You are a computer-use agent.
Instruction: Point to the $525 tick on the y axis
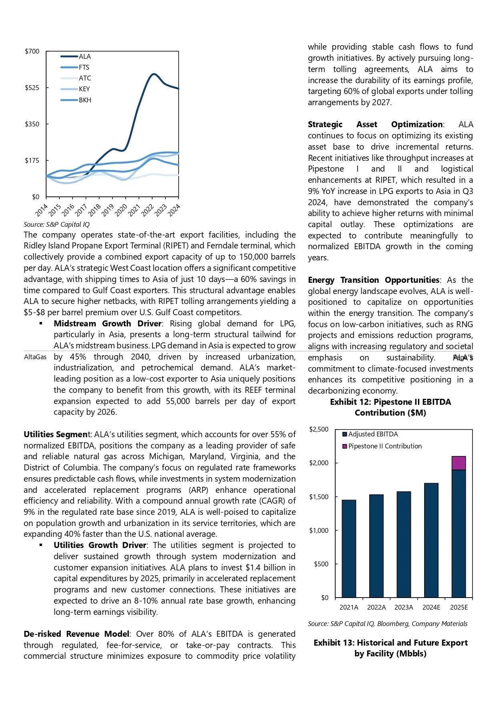pos(32,88)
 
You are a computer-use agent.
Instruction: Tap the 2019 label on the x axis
pos(108,210)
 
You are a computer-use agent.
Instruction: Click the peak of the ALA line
pos(153,74)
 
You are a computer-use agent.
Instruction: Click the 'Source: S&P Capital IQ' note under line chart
pos(56,224)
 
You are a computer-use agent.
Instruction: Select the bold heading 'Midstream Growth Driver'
pos(107,324)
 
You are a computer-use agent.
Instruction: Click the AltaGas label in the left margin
pos(35,357)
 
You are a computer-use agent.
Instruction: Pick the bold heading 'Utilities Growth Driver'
pos(100,545)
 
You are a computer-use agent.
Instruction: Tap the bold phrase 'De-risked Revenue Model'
pos(76,634)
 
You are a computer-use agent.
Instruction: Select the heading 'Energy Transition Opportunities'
pos(373,280)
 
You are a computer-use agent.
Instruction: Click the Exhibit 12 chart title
pos(390,407)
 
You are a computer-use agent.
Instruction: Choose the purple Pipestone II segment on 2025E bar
pos(459,463)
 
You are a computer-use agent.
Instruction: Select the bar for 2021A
pos(349,549)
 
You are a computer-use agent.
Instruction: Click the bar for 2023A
pos(404,544)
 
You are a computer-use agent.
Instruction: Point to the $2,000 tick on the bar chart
pos(319,463)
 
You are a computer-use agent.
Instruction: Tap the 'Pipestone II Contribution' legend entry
pos(384,446)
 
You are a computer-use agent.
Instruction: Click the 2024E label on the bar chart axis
pos(431,607)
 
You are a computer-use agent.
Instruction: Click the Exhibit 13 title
pos(390,648)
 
